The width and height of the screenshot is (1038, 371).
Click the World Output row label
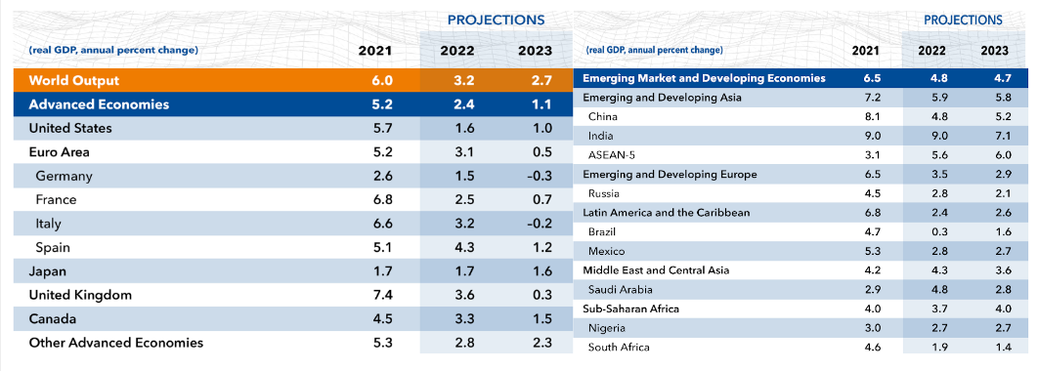tap(74, 81)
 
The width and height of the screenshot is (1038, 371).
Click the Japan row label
tap(47, 271)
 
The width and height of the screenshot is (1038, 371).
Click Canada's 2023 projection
tap(541, 318)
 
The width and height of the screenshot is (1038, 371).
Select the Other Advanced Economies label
tap(116, 343)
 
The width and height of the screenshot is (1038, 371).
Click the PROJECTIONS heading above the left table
tap(496, 20)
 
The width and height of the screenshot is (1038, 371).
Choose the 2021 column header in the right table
tap(866, 50)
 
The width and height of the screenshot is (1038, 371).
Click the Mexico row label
tap(606, 251)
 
